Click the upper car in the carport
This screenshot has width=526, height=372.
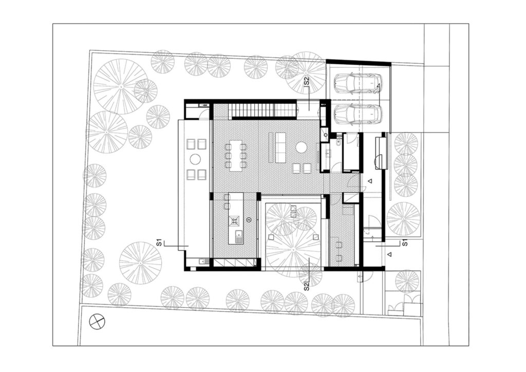tap(358, 83)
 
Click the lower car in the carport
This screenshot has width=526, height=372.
tap(358, 115)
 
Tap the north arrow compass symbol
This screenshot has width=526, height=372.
tap(97, 322)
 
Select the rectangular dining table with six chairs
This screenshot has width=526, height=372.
tap(236, 154)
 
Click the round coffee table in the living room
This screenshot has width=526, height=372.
tap(301, 148)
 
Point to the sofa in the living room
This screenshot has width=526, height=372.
tap(280, 147)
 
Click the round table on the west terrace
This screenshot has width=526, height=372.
tap(195, 158)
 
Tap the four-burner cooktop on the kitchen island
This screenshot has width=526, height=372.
tap(235, 221)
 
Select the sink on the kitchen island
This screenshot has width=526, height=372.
tap(239, 237)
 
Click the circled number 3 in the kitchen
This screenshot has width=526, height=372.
tap(249, 220)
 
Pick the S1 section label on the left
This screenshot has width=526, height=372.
tap(160, 241)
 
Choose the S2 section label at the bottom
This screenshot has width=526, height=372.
tap(307, 286)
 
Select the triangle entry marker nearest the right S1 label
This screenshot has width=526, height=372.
tap(389, 254)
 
